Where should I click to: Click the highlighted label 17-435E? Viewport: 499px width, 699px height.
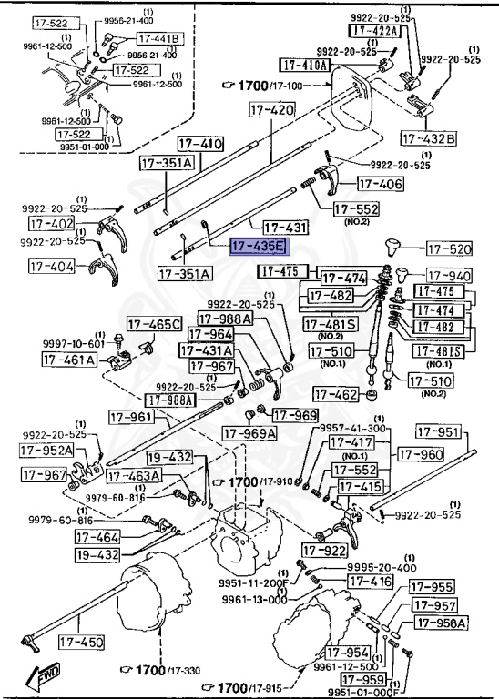point(258,246)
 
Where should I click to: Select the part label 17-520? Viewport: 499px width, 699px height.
point(450,248)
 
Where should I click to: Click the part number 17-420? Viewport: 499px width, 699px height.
point(270,110)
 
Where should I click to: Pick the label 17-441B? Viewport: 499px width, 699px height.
point(159,38)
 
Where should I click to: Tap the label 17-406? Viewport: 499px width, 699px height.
point(380,184)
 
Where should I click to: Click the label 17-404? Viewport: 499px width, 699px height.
point(52,267)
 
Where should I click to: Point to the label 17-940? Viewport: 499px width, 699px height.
point(450,277)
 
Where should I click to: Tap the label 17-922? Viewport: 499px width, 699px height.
point(324,550)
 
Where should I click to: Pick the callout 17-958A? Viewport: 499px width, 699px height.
point(441,623)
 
